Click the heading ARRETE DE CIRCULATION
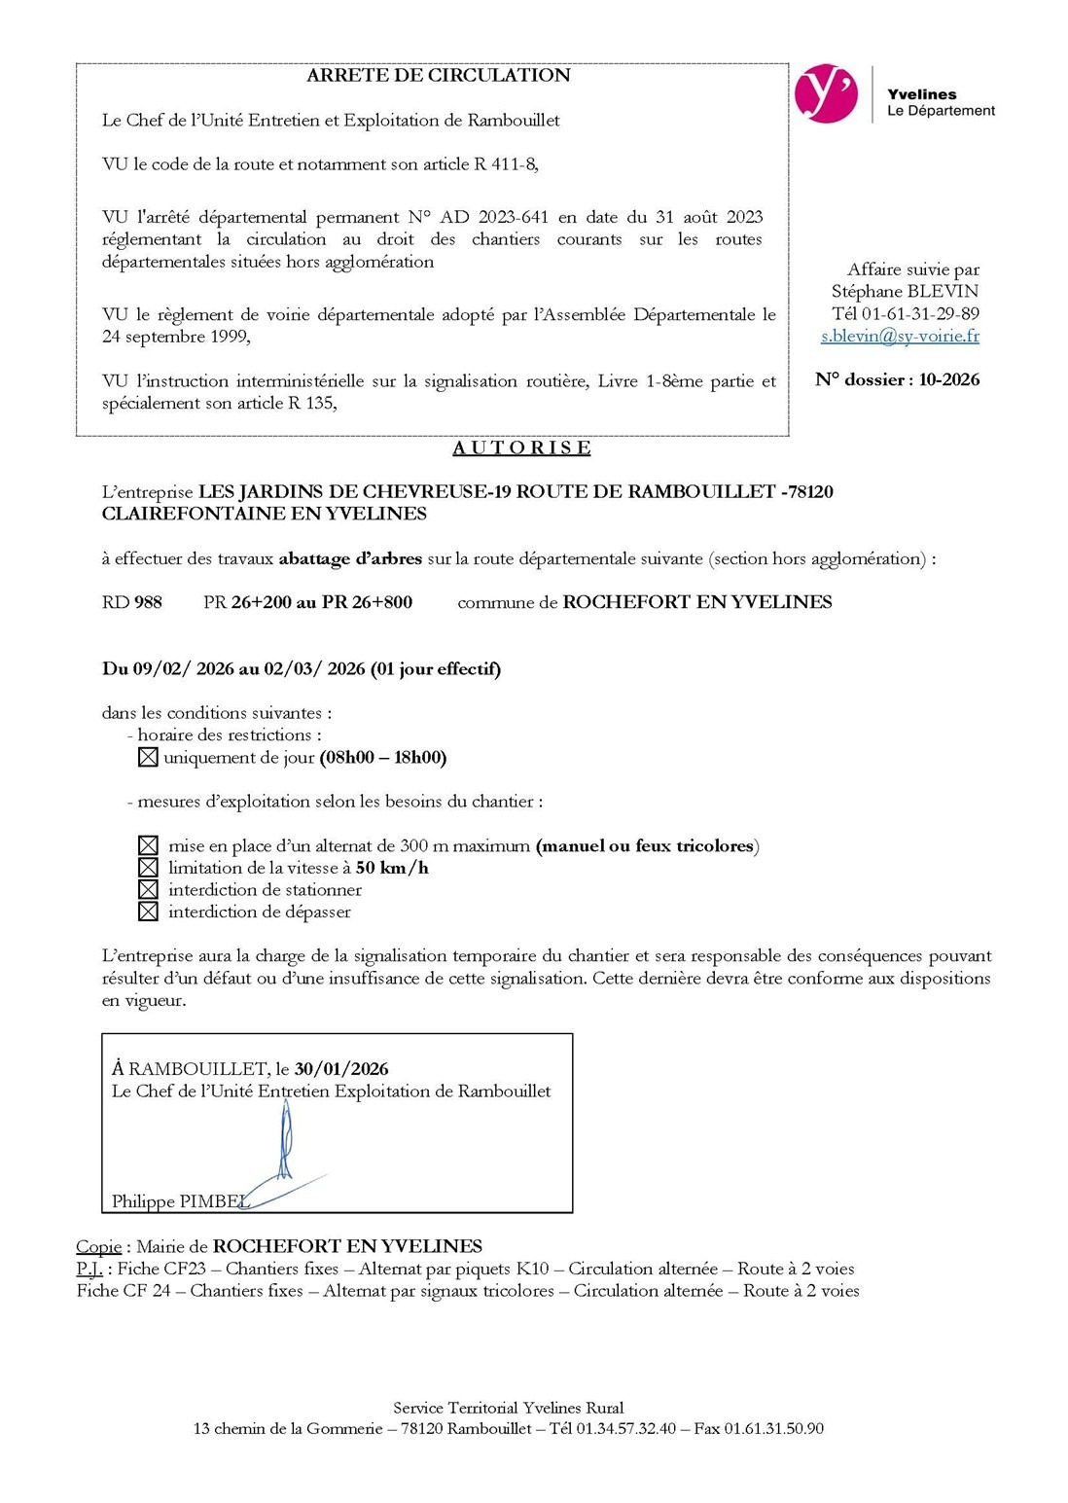pos(438,76)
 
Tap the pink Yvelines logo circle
pos(826,94)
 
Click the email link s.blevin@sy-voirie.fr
pos(900,337)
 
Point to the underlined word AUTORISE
pos(521,447)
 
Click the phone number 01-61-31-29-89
pos(920,314)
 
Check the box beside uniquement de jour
pos(148,758)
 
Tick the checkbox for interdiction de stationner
pos(148,890)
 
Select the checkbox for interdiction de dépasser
pos(148,913)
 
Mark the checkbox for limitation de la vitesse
pos(148,868)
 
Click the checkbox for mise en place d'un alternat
pos(148,846)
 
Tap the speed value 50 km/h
pos(392,868)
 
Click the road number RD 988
pos(132,602)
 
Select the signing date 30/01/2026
pos(341,1069)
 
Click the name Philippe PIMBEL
pos(180,1201)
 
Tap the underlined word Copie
pos(99,1246)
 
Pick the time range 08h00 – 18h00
pos(383,758)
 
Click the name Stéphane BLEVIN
pos(905,292)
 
